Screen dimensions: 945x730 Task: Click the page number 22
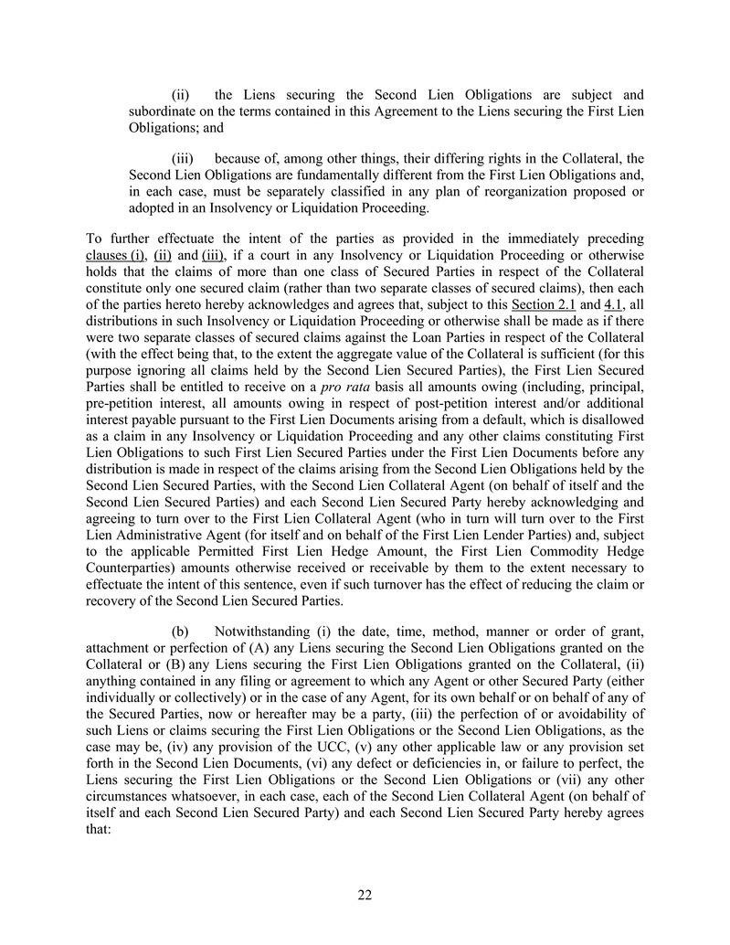click(x=365, y=895)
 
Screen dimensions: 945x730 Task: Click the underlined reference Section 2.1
click(x=542, y=303)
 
